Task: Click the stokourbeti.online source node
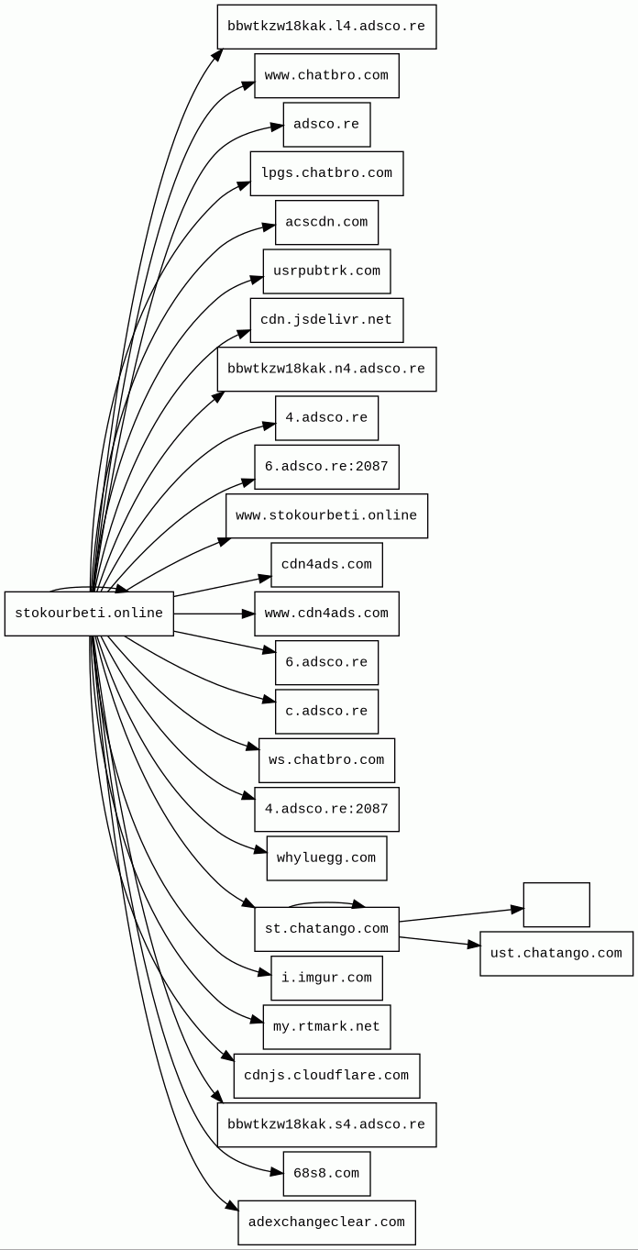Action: point(89,614)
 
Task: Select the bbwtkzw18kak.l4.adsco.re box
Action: point(326,27)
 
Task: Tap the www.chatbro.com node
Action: point(326,75)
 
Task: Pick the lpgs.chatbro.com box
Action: point(326,173)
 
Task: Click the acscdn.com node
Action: point(326,222)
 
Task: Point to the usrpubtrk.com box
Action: point(326,271)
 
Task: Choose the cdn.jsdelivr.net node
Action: point(326,320)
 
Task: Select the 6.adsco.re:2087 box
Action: point(326,467)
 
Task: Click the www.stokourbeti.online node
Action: point(326,515)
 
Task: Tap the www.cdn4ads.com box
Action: point(326,614)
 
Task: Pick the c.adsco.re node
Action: point(326,712)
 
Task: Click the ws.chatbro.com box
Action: point(326,760)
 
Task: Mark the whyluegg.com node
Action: point(326,858)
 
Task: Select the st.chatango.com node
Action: point(326,929)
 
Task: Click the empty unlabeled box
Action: point(556,905)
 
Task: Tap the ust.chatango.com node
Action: point(556,954)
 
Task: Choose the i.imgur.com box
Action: point(326,978)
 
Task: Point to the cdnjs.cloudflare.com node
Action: point(326,1076)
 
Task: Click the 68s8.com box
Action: point(326,1174)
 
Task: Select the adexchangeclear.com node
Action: point(326,1222)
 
